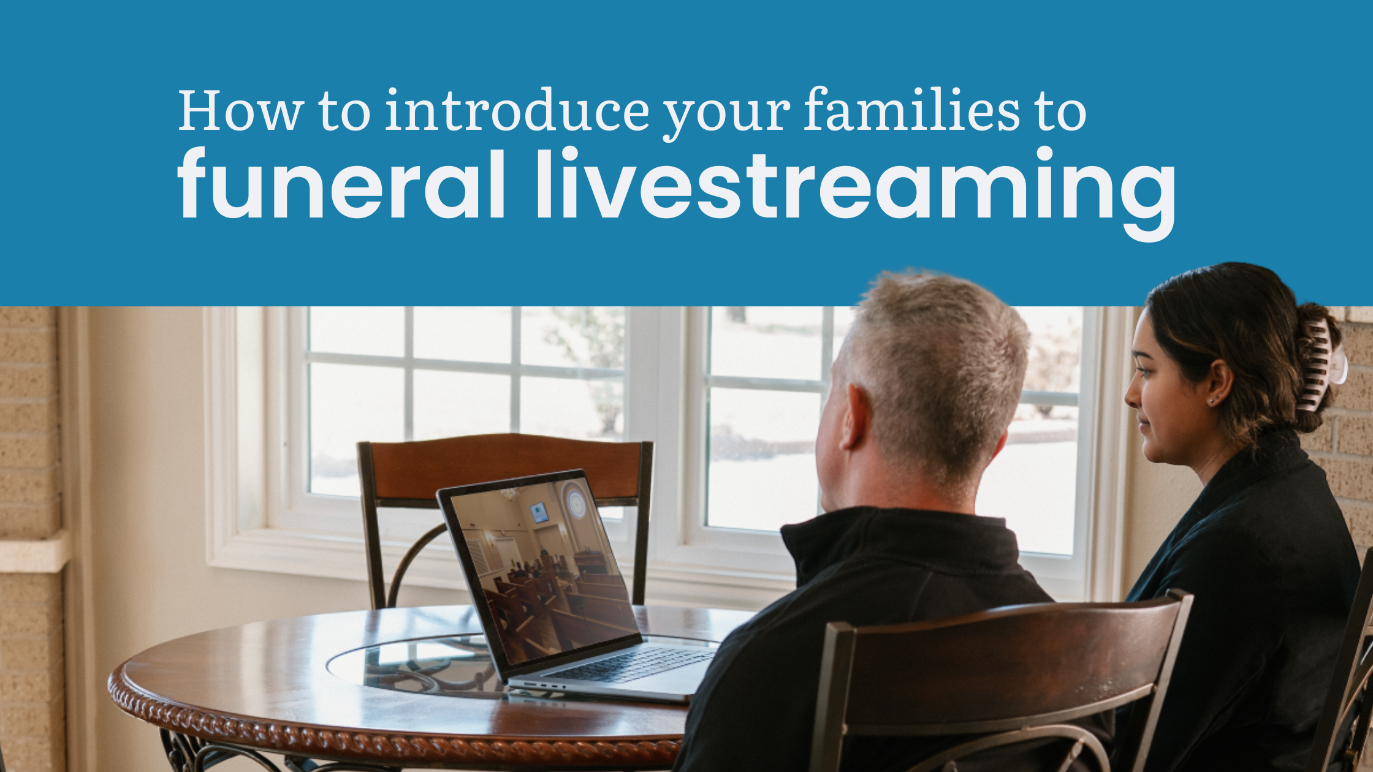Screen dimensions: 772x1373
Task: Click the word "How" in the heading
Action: (240, 111)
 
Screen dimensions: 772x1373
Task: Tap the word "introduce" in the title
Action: (517, 111)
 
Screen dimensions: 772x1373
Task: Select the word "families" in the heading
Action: (911, 111)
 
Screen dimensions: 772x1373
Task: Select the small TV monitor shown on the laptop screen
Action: (539, 512)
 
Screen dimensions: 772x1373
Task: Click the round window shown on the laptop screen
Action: (576, 503)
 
